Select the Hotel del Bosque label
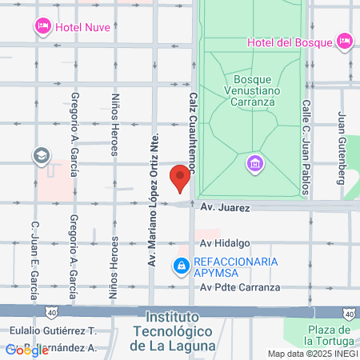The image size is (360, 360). click(290, 41)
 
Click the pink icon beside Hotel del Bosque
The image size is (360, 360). click(345, 40)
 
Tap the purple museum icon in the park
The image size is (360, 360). click(254, 163)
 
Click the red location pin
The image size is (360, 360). click(181, 177)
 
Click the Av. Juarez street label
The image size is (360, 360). click(226, 208)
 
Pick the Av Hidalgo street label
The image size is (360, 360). click(226, 243)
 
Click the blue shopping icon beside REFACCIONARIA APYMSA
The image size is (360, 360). click(182, 266)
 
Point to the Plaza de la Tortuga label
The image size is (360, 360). click(329, 335)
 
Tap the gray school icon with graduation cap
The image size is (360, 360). click(40, 155)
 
